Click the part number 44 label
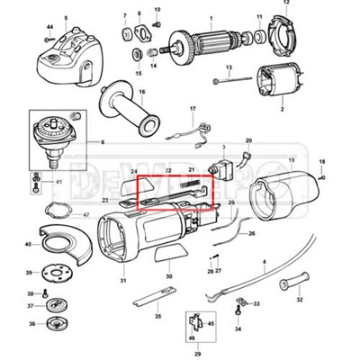pyautogui.click(x=49, y=29)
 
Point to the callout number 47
pyautogui.click(x=85, y=215)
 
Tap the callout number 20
pyautogui.click(x=248, y=141)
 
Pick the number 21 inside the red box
pyautogui.click(x=190, y=169)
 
